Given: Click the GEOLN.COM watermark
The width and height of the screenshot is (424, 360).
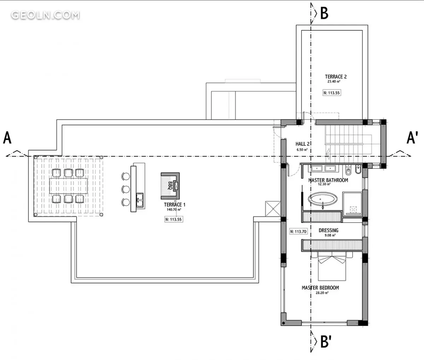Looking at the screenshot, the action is click(x=45, y=15).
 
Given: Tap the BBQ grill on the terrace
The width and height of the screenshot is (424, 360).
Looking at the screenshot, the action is click(x=170, y=186).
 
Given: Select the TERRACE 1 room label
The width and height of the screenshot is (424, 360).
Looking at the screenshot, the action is click(x=175, y=205).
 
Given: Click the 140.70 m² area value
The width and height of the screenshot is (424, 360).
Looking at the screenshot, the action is click(x=174, y=209).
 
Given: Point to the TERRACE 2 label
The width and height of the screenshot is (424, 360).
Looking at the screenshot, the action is click(x=336, y=77).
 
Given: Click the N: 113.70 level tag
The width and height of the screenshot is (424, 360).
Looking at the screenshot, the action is click(x=298, y=231).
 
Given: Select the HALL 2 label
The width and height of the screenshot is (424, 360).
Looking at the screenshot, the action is click(x=302, y=144).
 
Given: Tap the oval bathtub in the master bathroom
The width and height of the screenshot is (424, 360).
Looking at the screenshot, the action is click(x=323, y=199).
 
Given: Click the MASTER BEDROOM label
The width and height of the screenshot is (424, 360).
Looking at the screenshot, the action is click(x=320, y=288).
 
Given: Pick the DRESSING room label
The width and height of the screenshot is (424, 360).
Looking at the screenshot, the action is click(x=328, y=230).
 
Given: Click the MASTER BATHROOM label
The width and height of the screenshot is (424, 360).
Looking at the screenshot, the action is click(x=328, y=180).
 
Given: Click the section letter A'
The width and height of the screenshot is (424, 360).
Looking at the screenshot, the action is click(x=412, y=137).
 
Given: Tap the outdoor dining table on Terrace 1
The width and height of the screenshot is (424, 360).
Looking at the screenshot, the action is click(x=68, y=186).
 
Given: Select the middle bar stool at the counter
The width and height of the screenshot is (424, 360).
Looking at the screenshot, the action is click(x=125, y=189).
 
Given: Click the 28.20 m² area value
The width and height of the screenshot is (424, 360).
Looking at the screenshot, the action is click(x=322, y=293).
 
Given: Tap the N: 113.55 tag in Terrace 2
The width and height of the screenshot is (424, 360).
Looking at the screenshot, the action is click(x=332, y=93).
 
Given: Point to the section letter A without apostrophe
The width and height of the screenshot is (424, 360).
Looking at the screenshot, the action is click(x=7, y=138).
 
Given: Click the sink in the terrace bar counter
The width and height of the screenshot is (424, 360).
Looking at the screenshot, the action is click(x=140, y=200).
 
